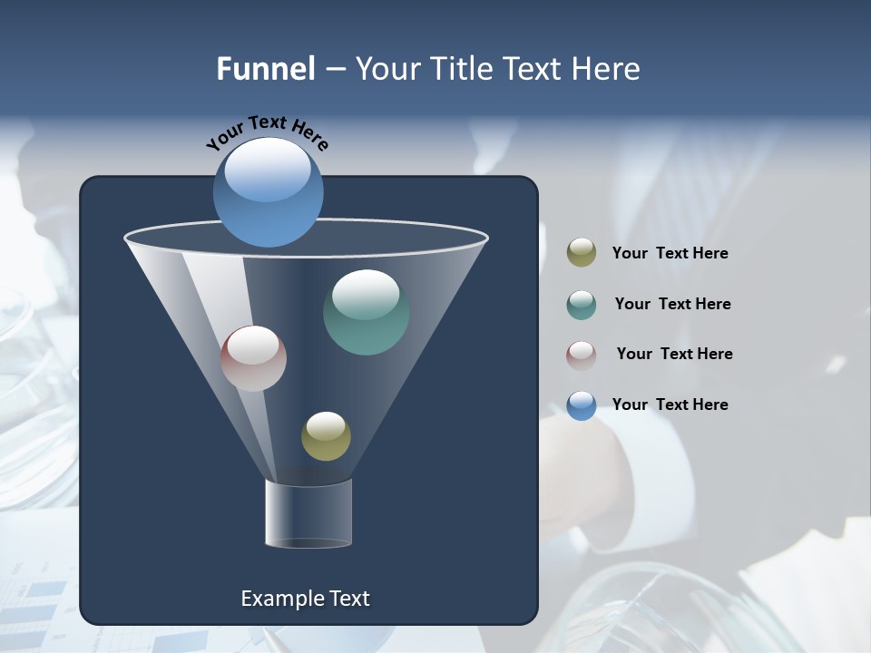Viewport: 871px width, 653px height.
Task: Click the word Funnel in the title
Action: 266,69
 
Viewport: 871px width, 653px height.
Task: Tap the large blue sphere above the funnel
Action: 269,193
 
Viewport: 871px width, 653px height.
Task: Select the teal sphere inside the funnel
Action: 366,312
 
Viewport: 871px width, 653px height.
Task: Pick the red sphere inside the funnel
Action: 253,358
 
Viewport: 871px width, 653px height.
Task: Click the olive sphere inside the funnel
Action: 326,436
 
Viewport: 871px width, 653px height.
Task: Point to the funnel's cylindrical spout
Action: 308,513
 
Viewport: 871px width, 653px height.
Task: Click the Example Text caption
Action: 305,599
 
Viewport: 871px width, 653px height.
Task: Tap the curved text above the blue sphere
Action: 268,132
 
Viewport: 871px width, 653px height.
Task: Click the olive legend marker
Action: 582,253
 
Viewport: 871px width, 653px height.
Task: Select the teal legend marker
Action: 582,305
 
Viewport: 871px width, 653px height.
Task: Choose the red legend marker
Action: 582,355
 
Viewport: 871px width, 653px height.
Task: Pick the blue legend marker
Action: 582,405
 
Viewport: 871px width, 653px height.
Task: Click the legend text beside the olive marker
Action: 670,254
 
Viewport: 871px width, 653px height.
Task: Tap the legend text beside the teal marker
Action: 672,305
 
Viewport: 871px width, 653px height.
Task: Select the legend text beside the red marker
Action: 674,355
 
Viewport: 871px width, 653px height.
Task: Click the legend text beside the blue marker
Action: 670,405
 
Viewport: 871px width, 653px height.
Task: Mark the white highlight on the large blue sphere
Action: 268,170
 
